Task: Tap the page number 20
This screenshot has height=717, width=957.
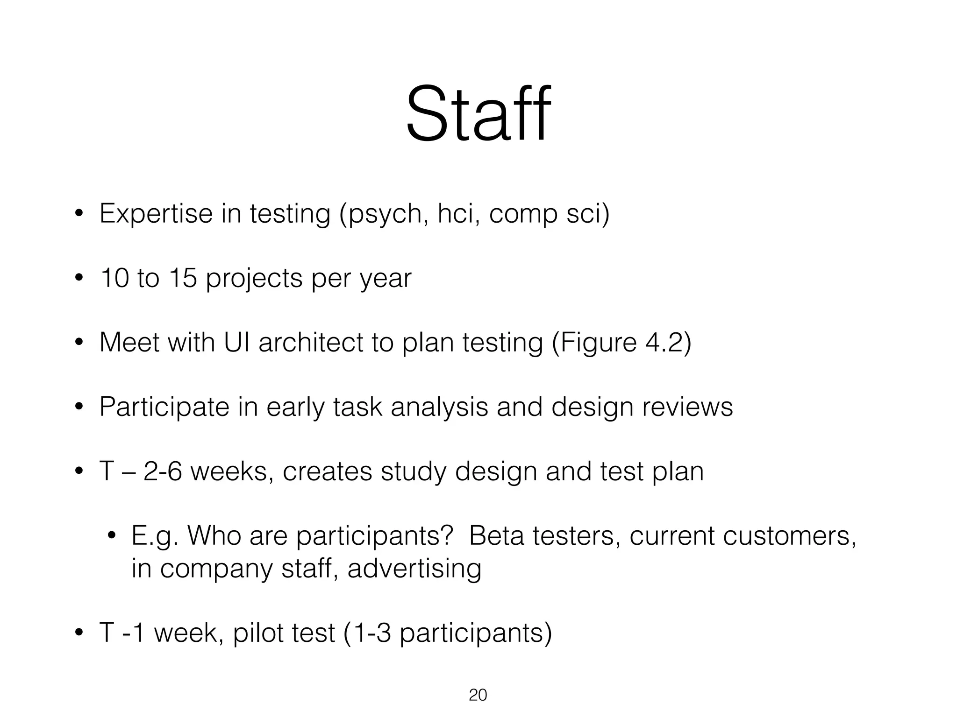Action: pyautogui.click(x=478, y=695)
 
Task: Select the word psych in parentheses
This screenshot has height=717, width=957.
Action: pyautogui.click(x=385, y=215)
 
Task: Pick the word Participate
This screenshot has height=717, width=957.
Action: pyautogui.click(x=164, y=407)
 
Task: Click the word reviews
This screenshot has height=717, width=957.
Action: pyautogui.click(x=687, y=407)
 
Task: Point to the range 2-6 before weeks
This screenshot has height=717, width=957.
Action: pyautogui.click(x=162, y=471)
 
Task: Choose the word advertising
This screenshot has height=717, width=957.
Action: pyautogui.click(x=414, y=569)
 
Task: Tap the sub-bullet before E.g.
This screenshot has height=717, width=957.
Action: pyautogui.click(x=111, y=536)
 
